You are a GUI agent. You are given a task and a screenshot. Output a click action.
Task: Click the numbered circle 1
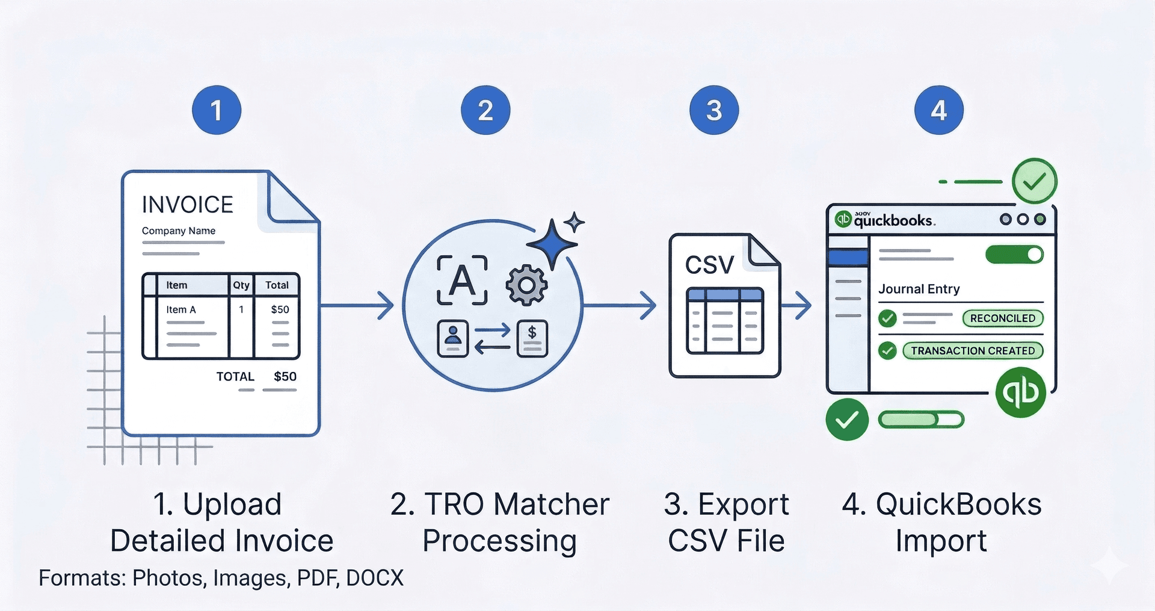tap(217, 110)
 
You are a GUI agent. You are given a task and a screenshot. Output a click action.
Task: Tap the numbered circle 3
tap(713, 110)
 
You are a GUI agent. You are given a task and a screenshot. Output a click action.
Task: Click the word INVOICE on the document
tap(187, 205)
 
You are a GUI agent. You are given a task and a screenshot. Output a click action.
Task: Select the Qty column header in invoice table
tap(241, 285)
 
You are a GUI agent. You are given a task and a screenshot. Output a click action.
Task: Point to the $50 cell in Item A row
tap(280, 309)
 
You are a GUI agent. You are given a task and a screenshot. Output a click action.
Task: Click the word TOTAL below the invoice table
tap(235, 376)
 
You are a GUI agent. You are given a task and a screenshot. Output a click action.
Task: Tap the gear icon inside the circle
tap(526, 285)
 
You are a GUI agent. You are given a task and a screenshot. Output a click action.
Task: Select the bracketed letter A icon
tap(462, 280)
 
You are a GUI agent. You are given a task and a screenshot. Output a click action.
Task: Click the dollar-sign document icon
tap(532, 339)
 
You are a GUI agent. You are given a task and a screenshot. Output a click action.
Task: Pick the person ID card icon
tap(452, 339)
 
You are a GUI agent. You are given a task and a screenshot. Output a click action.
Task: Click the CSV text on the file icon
tap(709, 265)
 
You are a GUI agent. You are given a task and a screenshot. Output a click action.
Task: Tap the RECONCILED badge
tap(1002, 318)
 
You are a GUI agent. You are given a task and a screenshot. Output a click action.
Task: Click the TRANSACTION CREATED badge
tap(972, 350)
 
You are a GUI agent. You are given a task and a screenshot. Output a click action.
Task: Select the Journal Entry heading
tap(919, 289)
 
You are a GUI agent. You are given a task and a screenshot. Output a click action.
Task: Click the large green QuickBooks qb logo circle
tap(1021, 392)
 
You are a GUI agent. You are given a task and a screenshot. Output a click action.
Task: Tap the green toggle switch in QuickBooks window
tap(1014, 254)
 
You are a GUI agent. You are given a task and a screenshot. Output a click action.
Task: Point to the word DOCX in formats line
tap(374, 578)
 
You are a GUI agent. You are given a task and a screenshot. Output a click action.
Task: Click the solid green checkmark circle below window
tap(847, 420)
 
